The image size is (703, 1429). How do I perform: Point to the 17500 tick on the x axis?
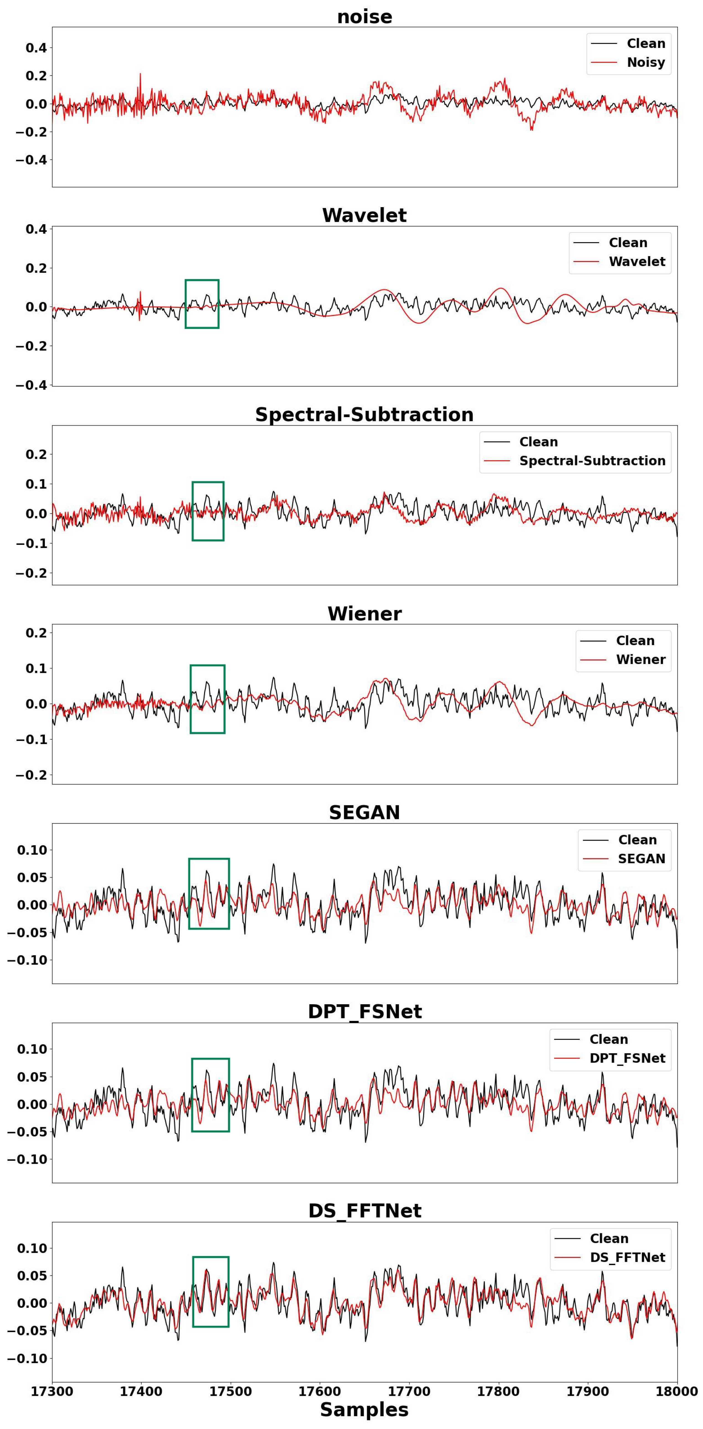coord(230,1391)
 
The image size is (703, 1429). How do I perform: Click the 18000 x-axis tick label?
coord(677,1391)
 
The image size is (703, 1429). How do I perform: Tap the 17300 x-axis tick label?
coord(52,1391)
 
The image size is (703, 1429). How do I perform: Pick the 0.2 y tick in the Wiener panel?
coord(36,633)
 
